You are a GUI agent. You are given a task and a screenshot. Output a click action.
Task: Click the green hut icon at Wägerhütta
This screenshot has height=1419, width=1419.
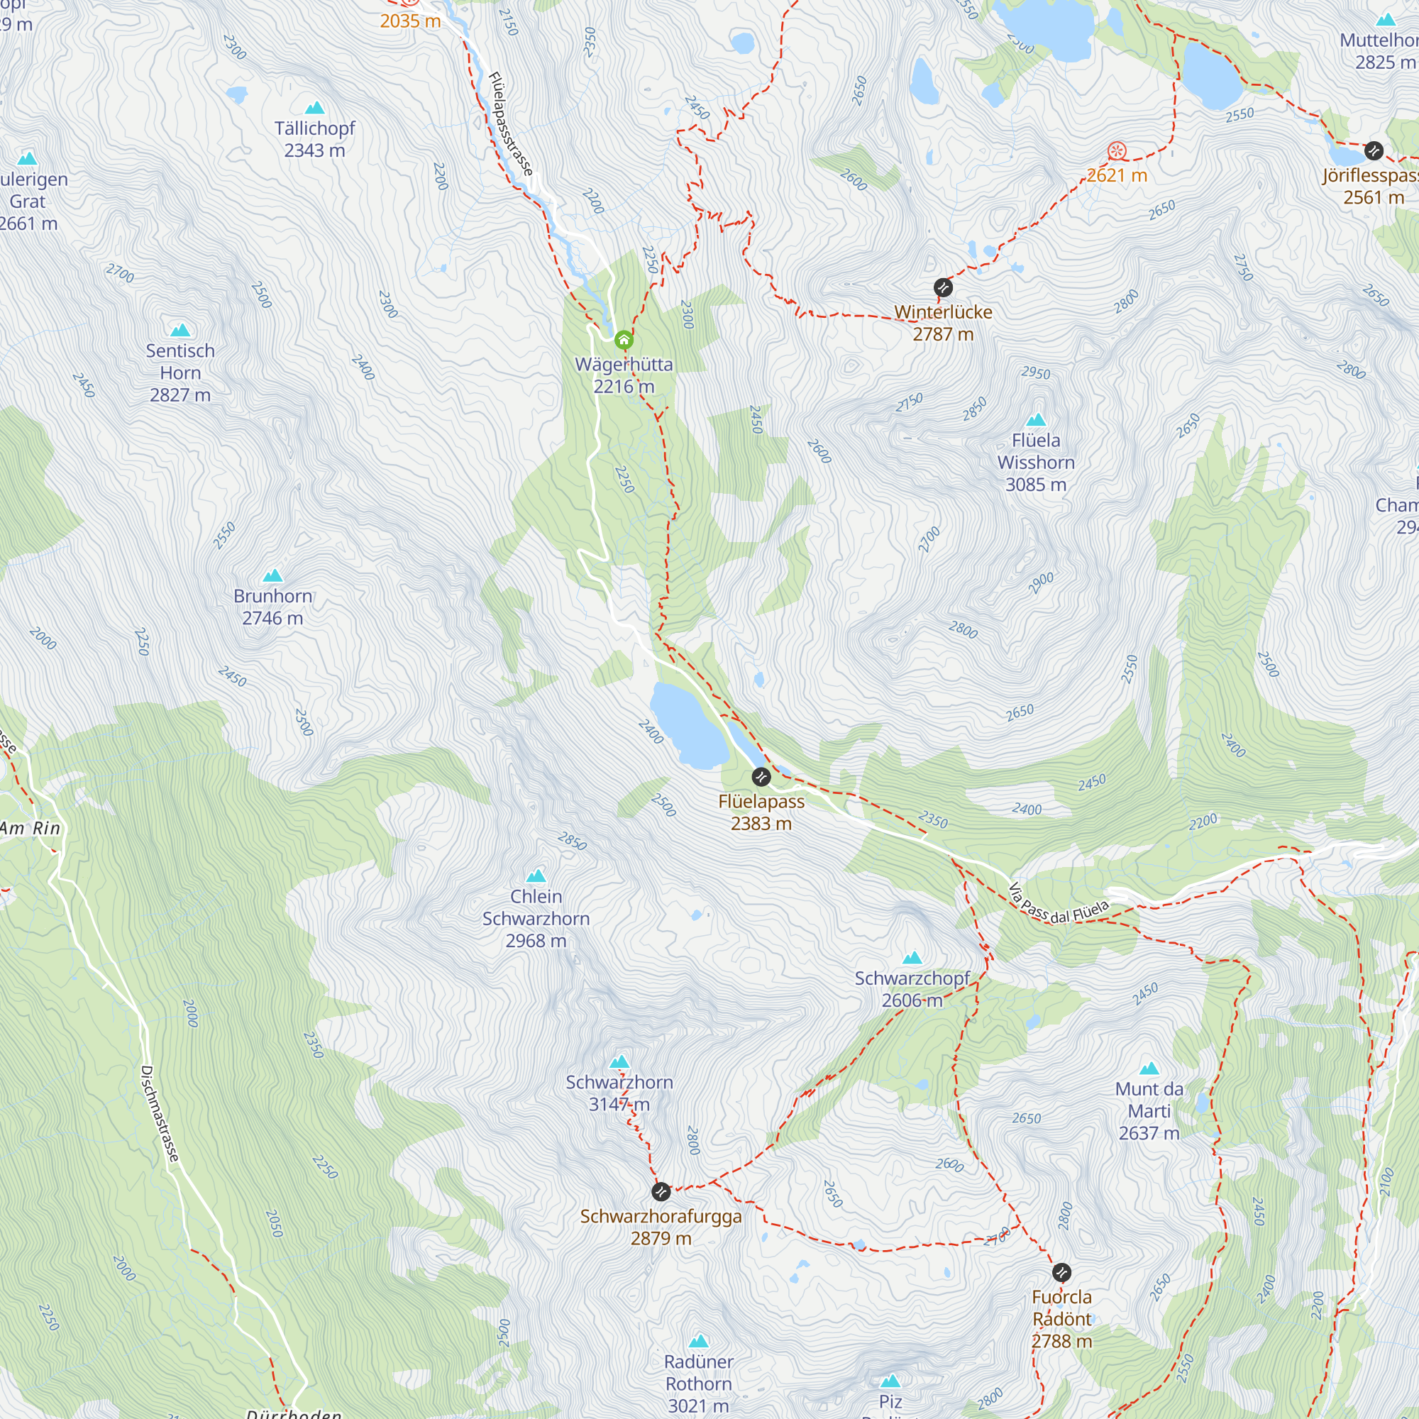624,339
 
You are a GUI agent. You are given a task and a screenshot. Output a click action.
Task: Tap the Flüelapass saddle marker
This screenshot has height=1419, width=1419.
761,776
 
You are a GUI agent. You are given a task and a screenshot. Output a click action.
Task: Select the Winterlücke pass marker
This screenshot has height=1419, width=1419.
943,287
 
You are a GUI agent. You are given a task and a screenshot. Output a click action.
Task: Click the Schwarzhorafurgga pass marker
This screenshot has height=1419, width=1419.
661,1191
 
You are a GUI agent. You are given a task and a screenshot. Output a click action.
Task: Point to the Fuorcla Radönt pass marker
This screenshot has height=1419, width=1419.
1061,1272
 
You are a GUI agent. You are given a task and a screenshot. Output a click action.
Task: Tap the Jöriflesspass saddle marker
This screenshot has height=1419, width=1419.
1374,151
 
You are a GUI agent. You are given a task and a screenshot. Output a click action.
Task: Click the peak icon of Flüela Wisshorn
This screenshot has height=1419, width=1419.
1036,420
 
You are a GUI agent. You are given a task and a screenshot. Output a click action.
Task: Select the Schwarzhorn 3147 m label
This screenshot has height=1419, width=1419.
619,1093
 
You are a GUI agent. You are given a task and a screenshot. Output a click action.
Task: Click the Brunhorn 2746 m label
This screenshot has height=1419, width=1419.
272,607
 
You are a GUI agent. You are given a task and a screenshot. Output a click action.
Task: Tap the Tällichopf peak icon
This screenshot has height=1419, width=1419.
314,108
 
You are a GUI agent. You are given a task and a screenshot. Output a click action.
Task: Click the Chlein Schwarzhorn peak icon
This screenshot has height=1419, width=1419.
536,876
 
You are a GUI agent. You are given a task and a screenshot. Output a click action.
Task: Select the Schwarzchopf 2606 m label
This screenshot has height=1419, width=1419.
912,989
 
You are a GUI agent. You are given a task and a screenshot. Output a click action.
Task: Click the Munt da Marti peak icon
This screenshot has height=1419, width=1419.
1149,1069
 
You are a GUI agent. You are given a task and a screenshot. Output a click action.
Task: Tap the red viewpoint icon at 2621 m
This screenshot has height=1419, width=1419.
1116,151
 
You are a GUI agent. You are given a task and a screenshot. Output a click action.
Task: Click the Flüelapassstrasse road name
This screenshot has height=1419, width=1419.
510,123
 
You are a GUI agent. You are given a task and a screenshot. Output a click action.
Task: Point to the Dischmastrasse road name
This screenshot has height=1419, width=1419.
160,1113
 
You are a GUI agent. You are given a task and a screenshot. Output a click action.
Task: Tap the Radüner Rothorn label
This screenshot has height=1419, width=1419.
698,1384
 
